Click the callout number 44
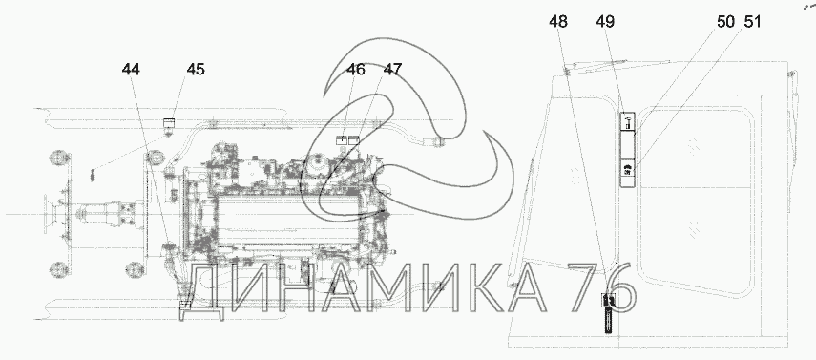pos(131,70)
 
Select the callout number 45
pos(196,70)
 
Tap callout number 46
pos(356,70)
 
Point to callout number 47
pos(393,70)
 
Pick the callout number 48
pos(558,22)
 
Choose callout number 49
pos(605,22)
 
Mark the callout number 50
pos(725,22)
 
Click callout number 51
pos(752,22)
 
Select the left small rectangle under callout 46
pos(342,140)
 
